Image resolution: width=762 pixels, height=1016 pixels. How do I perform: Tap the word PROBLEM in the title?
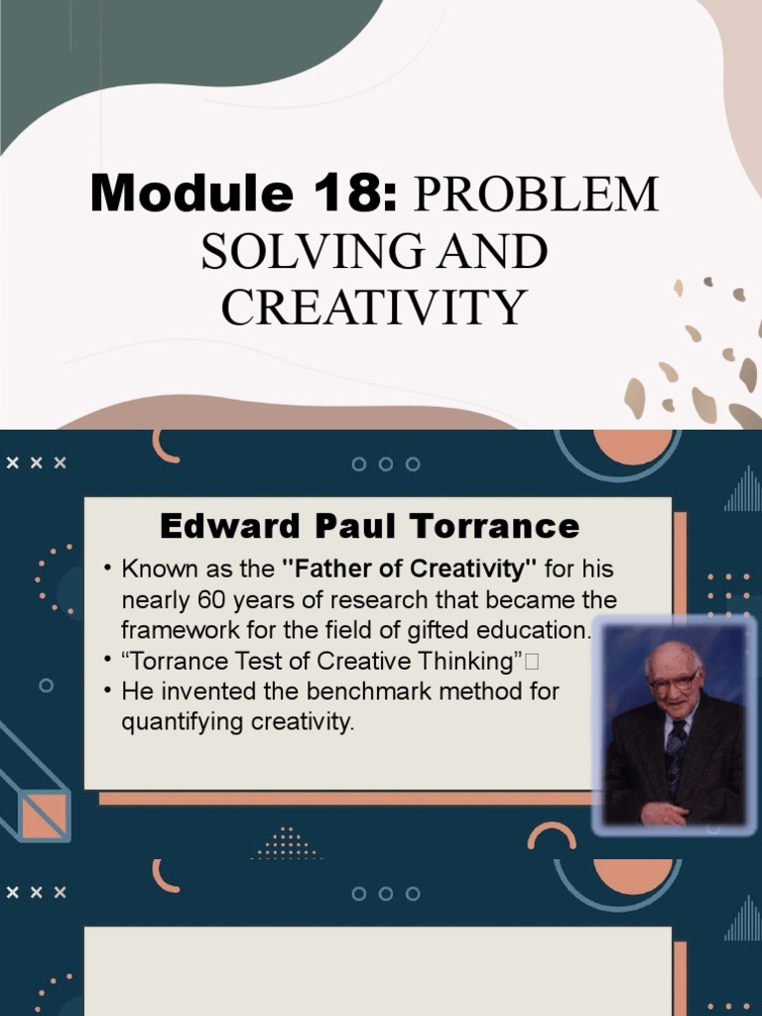pyautogui.click(x=536, y=195)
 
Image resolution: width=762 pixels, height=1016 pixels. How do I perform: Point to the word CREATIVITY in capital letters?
pyautogui.click(x=373, y=307)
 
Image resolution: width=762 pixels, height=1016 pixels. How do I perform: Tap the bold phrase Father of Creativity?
pyautogui.click(x=410, y=571)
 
